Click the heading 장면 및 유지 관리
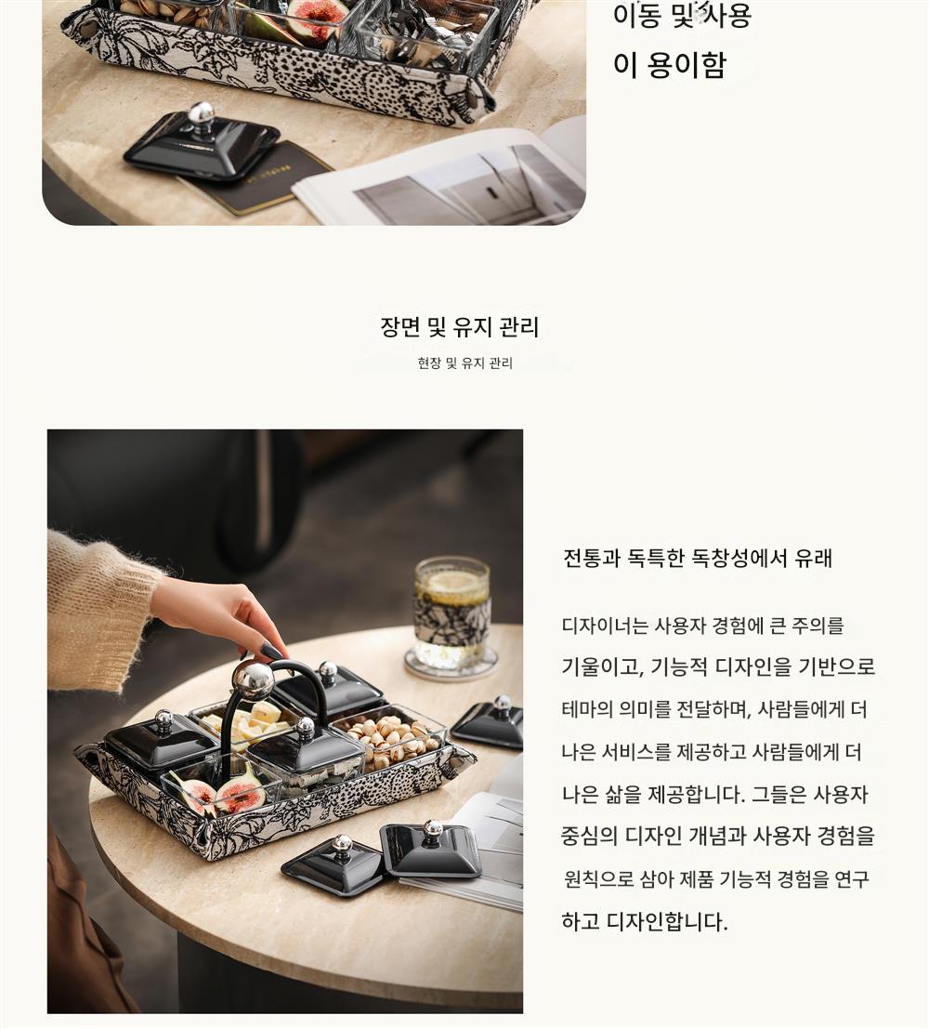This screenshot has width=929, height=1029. tap(459, 327)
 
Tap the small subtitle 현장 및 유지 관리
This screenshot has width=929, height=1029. tap(465, 363)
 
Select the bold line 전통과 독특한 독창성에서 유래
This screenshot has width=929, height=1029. tap(698, 558)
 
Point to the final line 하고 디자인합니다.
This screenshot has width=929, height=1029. tap(645, 921)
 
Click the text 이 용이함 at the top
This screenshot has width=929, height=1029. tap(670, 65)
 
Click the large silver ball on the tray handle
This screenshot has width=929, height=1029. tap(253, 681)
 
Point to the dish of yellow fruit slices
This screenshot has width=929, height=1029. tap(248, 721)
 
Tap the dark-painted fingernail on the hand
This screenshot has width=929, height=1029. tap(270, 651)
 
